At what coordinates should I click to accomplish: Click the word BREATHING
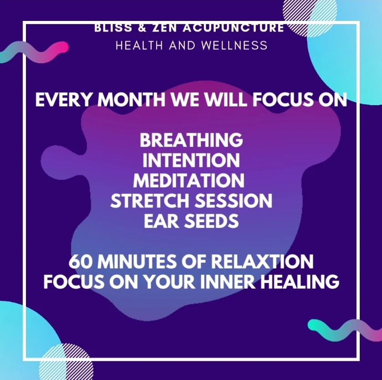191,140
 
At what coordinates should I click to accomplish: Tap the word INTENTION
191,160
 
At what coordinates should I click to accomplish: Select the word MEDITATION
188,180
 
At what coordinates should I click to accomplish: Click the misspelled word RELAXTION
262,261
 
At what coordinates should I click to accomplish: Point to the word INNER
227,281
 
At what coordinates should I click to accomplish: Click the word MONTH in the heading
131,100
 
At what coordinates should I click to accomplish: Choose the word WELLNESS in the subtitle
234,46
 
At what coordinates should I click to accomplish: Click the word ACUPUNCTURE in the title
233,28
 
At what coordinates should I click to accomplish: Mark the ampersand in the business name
142,28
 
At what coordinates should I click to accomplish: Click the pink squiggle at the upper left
34,52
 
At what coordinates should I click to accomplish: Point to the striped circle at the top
310,17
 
